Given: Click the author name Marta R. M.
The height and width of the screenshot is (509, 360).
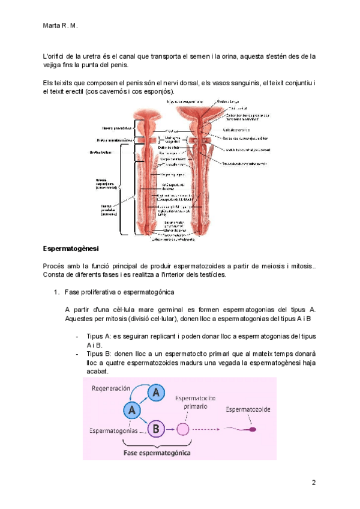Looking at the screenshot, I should tap(61, 26).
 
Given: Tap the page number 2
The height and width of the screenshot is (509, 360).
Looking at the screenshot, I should tap(313, 483).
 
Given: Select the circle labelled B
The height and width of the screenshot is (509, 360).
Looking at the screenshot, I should tap(155, 429).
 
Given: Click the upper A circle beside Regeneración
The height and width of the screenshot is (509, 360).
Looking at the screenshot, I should tap(155, 393).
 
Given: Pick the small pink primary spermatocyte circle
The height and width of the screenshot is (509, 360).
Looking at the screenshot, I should tap(183, 429).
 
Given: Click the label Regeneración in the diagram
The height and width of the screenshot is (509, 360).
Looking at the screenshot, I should tap(110, 388).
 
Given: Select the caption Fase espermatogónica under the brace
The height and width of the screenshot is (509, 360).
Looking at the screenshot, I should tap(157, 453).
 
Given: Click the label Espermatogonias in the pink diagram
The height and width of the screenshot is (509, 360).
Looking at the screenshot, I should tap(116, 430).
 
